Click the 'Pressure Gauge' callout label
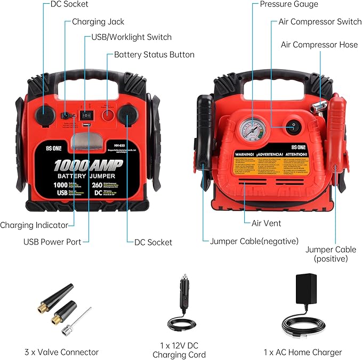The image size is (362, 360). click(288, 5)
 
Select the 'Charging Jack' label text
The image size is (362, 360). click(98, 22)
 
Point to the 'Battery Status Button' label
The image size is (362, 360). click(154, 54)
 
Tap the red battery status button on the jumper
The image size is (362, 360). click(108, 113)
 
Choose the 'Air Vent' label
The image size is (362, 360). click(267, 223)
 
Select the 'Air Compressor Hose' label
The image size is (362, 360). click(319, 45)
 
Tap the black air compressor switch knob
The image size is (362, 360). click(292, 127)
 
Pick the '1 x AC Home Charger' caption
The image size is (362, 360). click(303, 352)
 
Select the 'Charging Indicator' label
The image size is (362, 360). click(34, 225)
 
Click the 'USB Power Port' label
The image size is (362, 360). click(52, 242)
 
